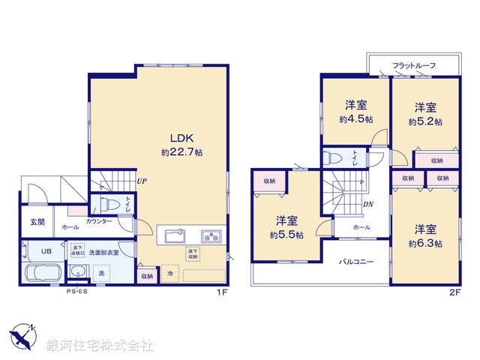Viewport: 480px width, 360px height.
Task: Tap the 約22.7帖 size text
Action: point(181,151)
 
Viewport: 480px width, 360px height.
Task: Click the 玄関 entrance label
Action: point(37,222)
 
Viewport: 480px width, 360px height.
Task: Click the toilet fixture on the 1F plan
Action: point(109,205)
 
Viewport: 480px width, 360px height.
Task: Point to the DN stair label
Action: point(368,204)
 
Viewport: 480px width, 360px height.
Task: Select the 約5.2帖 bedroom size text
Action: point(425,120)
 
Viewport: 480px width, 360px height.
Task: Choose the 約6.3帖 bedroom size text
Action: point(425,244)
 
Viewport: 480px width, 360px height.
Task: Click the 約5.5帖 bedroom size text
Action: point(287,235)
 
